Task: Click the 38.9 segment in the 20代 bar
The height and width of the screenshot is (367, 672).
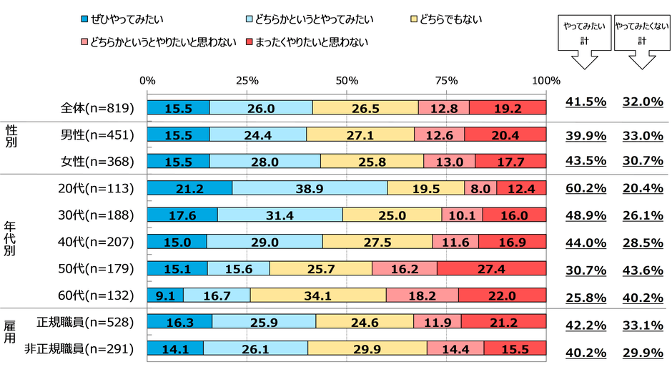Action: [x=310, y=188]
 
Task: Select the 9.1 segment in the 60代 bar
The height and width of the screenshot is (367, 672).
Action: [x=165, y=295]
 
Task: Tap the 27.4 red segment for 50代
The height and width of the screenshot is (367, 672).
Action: [x=492, y=268]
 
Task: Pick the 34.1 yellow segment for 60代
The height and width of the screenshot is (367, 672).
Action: [x=318, y=295]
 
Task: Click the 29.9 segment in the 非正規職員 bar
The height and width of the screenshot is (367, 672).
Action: [x=367, y=348]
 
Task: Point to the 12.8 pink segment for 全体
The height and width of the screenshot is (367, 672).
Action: [x=443, y=107]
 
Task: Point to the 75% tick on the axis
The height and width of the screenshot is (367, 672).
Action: [x=447, y=79]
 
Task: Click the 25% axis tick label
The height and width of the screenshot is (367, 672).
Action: [x=247, y=79]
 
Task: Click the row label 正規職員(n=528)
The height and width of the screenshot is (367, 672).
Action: [x=86, y=322]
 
